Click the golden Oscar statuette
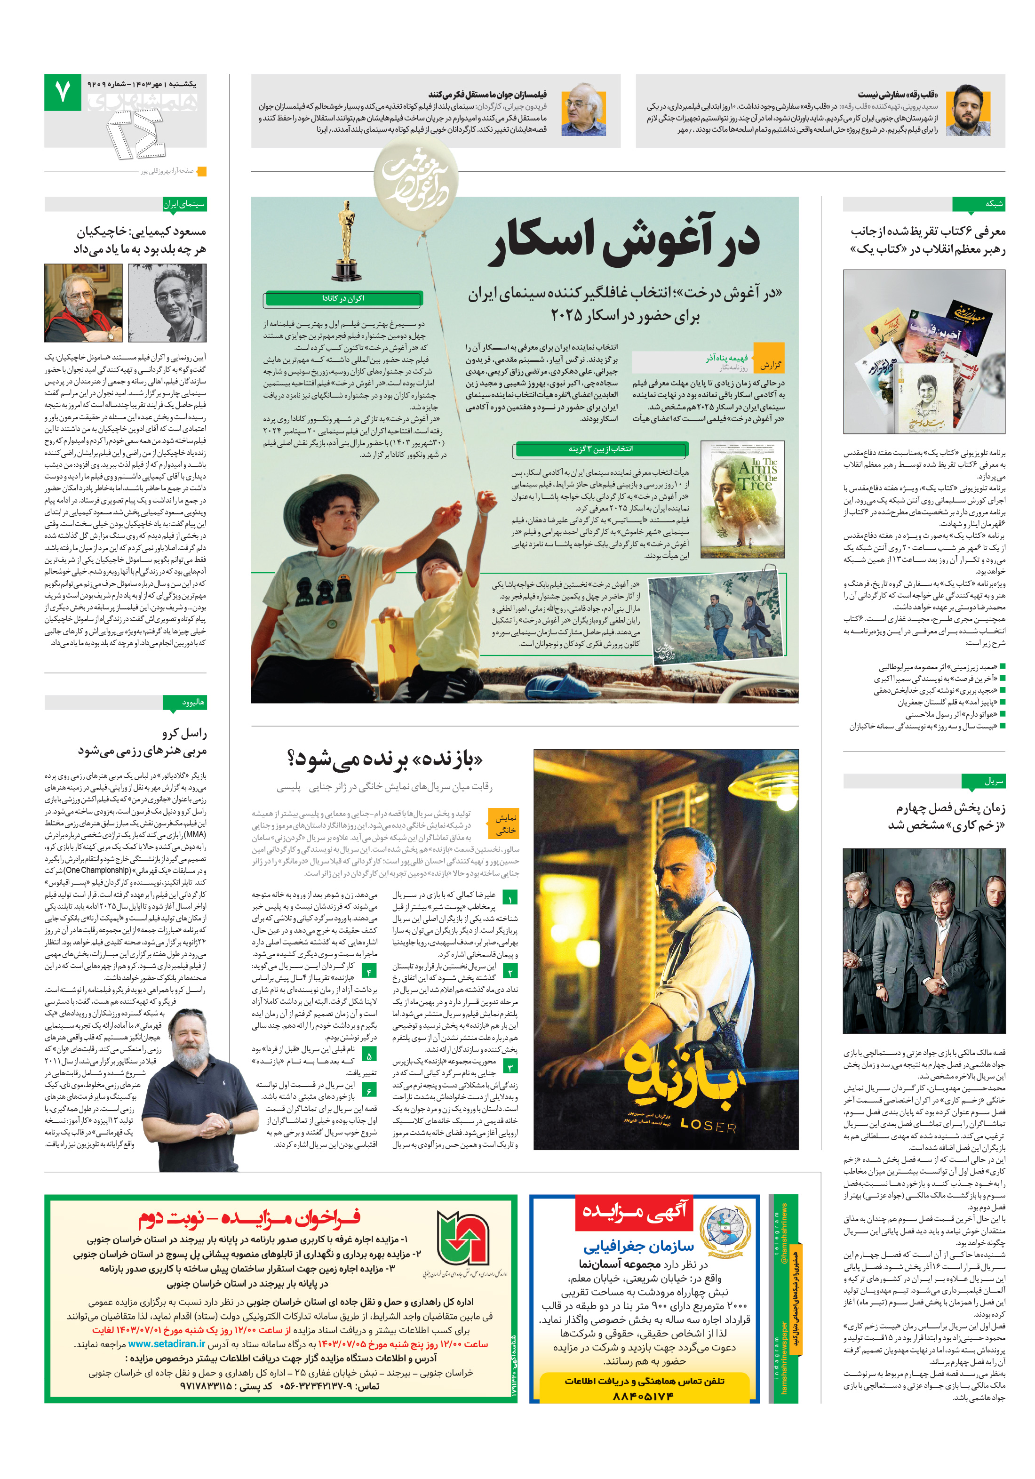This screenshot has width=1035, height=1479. [346, 241]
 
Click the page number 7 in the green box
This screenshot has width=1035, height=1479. [63, 92]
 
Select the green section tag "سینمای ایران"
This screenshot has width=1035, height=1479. [184, 204]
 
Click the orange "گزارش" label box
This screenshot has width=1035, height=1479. [770, 365]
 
